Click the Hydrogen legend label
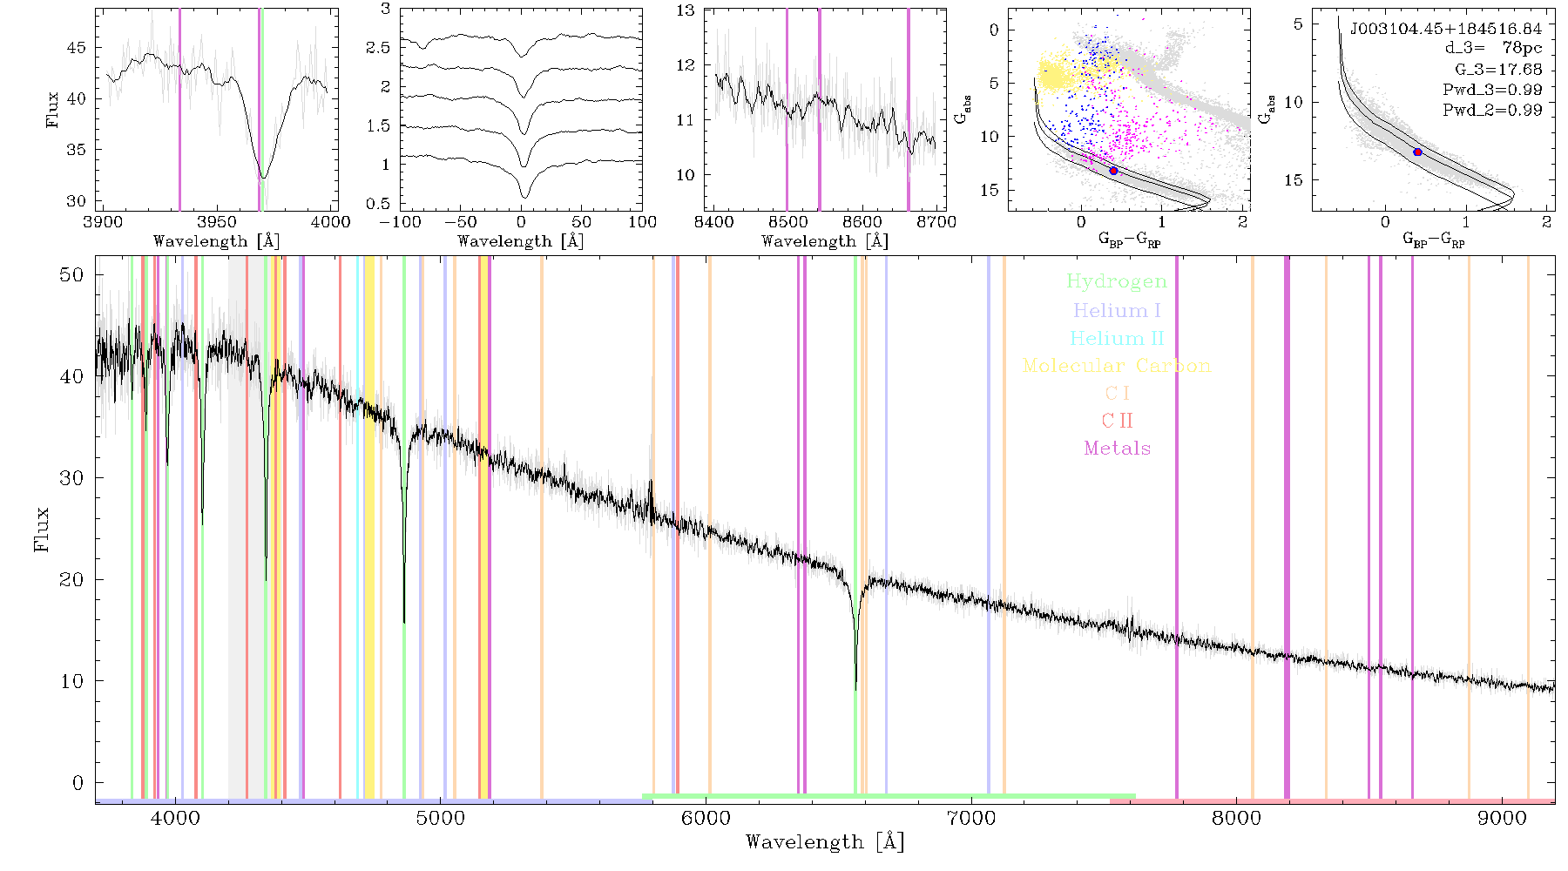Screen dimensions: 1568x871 click(x=1116, y=281)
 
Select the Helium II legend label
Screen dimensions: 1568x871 click(x=1116, y=338)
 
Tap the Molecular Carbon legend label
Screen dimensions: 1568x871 click(x=1116, y=366)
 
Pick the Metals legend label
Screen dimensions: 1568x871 click(x=1117, y=449)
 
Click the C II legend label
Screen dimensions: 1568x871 click(x=1117, y=421)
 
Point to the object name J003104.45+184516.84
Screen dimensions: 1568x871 click(x=1446, y=29)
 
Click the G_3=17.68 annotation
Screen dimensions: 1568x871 click(x=1498, y=69)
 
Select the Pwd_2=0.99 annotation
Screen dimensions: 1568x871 click(x=1492, y=110)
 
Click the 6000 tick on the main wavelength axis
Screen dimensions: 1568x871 click(x=706, y=818)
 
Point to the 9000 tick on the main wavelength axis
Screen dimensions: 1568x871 click(x=1502, y=818)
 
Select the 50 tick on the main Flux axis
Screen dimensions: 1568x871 click(x=71, y=275)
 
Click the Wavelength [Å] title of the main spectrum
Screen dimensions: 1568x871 click(x=825, y=842)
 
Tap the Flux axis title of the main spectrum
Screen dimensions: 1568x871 click(x=41, y=529)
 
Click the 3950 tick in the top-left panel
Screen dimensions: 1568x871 click(x=217, y=222)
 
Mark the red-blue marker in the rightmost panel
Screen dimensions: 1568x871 click(x=1417, y=152)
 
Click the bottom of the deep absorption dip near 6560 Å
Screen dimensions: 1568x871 click(x=855, y=690)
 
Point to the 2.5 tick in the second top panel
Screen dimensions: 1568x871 click(x=378, y=47)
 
